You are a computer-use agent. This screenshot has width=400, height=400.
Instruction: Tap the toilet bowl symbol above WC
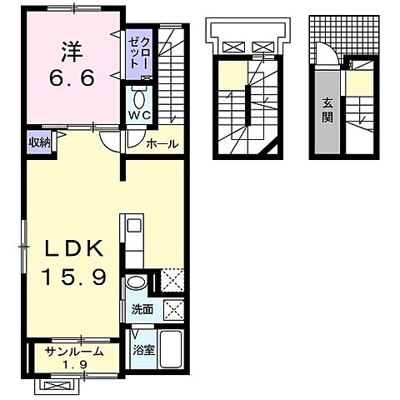[x=138, y=94]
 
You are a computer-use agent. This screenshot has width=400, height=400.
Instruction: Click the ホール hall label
[x=162, y=144]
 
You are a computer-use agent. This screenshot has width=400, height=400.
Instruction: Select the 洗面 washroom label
[x=141, y=310]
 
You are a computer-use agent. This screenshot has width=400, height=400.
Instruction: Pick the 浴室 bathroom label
[x=143, y=348]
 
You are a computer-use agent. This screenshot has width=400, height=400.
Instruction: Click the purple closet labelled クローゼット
[x=137, y=53]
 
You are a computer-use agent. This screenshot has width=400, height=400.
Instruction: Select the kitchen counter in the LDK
[x=135, y=241]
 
